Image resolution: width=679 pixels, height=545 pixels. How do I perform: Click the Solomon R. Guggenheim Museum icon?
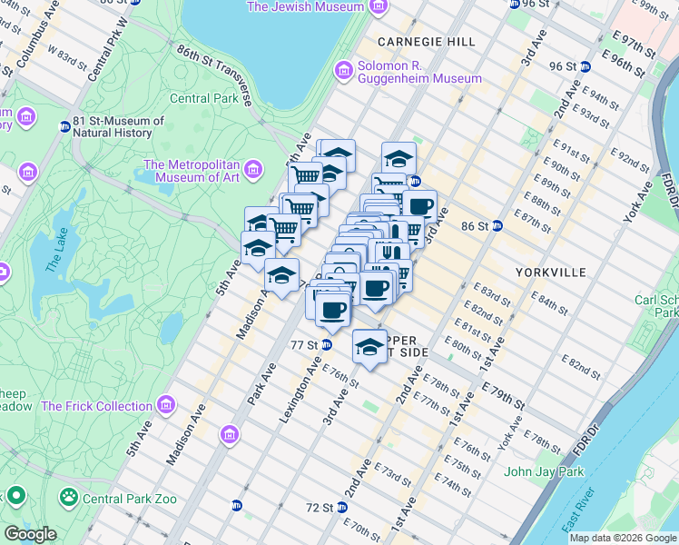pos(343,70)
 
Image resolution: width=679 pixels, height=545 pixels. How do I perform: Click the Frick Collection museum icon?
pos(165,405)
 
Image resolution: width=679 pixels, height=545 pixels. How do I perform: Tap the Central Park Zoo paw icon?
pos(68,497)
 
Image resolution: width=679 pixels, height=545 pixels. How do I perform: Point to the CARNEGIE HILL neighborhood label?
pos(413,42)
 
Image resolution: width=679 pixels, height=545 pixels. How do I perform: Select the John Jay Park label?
pos(543,471)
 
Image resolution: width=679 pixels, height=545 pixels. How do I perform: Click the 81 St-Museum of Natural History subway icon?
pos(64,126)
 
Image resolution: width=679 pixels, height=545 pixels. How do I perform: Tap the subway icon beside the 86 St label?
pos(497,225)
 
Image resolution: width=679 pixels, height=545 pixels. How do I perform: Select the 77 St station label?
pos(303,345)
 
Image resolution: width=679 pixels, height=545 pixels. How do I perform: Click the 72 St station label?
pos(320,507)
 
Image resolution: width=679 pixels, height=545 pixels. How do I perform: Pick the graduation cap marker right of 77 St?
pos(369,347)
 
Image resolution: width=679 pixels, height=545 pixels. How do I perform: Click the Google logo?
pos(30,534)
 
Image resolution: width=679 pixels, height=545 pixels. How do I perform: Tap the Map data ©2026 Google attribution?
pos(623,538)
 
